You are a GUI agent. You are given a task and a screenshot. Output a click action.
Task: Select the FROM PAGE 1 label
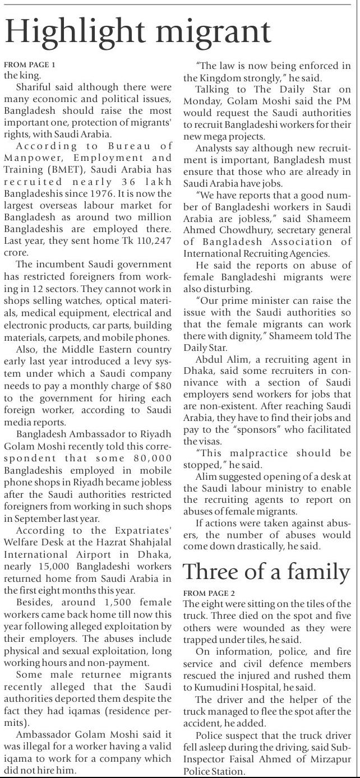click(30, 65)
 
